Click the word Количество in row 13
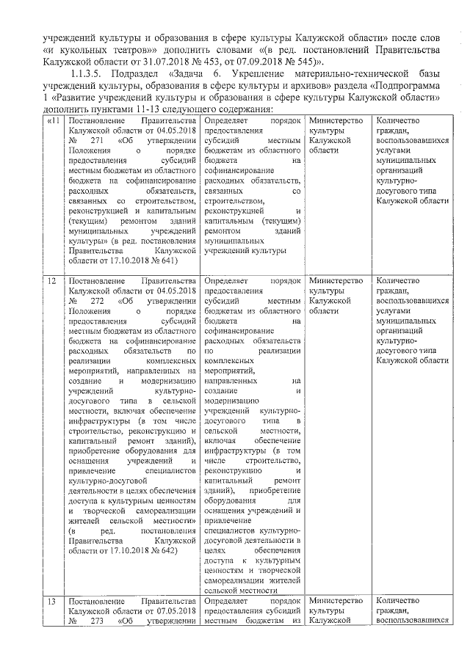[x=397, y=601]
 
